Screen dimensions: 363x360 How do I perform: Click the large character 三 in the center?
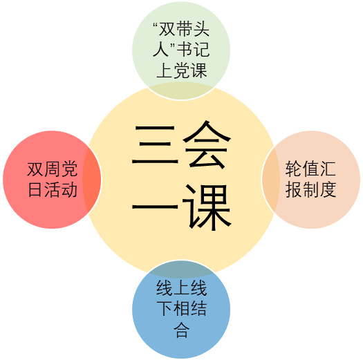(155, 144)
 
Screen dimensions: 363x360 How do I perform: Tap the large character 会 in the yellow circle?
(207, 144)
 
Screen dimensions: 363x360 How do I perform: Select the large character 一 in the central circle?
(155, 207)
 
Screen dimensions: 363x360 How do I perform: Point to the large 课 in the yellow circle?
(207, 207)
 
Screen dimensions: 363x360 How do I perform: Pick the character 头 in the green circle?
(201, 30)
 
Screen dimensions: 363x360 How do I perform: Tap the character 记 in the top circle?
(201, 49)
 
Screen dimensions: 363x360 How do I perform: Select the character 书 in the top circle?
(185, 49)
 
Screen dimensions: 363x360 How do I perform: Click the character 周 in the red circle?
(52, 169)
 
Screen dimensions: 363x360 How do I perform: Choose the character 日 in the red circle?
(35, 189)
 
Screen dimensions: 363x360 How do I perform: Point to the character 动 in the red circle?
(69, 189)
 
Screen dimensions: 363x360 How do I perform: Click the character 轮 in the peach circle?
(293, 169)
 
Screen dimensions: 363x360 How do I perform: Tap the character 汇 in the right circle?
(328, 169)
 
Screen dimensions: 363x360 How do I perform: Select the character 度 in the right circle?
(328, 189)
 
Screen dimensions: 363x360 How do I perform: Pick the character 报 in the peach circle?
(293, 189)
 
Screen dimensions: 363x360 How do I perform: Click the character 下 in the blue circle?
(165, 308)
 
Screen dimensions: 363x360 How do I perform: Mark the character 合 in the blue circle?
(181, 329)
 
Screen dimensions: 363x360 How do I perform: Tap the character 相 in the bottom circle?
(181, 308)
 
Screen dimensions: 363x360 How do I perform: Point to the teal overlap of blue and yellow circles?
(181, 269)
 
